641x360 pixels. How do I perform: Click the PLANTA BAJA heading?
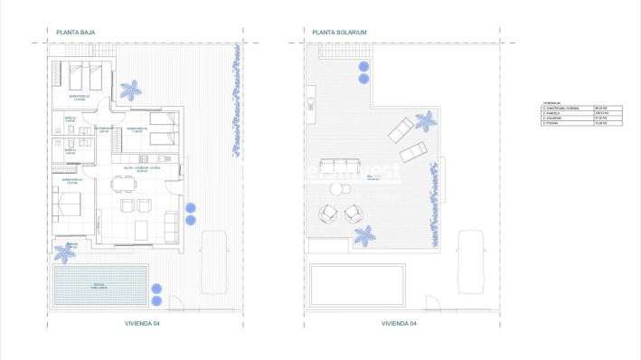click(x=76, y=33)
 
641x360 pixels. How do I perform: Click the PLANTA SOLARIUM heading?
click(x=339, y=33)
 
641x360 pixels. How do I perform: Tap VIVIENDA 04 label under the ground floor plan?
click(x=143, y=323)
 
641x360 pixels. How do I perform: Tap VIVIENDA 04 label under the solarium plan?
click(x=399, y=323)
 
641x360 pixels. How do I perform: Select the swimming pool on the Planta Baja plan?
click(x=99, y=285)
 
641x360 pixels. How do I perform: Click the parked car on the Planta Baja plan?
click(x=213, y=261)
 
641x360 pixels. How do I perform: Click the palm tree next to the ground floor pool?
click(x=64, y=252)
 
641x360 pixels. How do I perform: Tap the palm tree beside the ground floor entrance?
click(x=131, y=90)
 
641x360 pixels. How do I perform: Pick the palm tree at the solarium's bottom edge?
click(x=364, y=236)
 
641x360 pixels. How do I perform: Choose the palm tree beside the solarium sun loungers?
click(x=424, y=120)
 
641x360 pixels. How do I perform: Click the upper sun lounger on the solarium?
click(x=401, y=131)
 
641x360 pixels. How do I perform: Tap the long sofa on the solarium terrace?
click(x=340, y=167)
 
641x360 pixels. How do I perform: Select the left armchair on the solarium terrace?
click(x=327, y=214)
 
